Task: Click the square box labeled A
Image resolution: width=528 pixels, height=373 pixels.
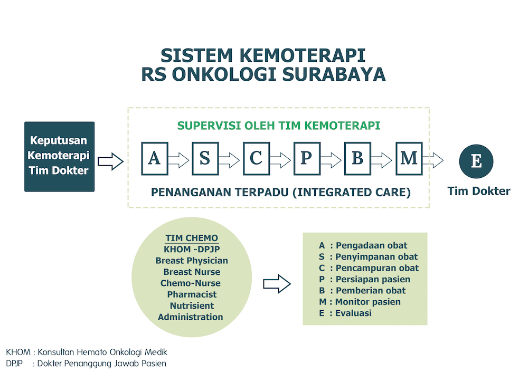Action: [x=155, y=158]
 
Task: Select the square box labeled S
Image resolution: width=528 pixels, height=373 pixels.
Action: [x=205, y=158]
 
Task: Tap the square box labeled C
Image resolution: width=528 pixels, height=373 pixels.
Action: [x=256, y=158]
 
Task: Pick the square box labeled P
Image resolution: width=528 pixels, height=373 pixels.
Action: [x=307, y=158]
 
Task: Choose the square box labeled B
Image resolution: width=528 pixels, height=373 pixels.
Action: [x=357, y=158]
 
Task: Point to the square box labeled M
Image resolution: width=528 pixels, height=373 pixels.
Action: [x=409, y=158]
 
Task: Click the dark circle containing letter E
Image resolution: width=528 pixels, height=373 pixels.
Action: [x=476, y=161]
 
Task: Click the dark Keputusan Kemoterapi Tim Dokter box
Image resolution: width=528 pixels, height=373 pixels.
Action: [x=59, y=157]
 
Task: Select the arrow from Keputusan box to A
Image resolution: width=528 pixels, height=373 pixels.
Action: [x=111, y=161]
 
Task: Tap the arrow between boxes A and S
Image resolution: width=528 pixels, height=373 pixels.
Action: [x=179, y=160]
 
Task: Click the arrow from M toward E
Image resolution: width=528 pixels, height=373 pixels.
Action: [x=433, y=160]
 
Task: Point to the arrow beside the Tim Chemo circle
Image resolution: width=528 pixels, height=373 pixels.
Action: [x=277, y=283]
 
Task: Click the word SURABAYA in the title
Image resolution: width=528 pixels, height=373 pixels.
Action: [x=334, y=74]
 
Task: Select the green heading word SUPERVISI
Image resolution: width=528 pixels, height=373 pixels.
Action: [x=209, y=126]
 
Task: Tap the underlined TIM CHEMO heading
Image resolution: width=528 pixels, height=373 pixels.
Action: [x=192, y=238]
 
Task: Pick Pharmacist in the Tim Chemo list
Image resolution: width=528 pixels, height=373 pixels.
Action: [x=192, y=294]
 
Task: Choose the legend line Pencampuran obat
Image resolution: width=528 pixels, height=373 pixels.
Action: [x=369, y=268]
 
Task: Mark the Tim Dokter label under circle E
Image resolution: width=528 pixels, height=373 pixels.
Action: [x=479, y=191]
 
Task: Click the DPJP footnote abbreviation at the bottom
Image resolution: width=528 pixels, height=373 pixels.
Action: [x=14, y=364]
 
